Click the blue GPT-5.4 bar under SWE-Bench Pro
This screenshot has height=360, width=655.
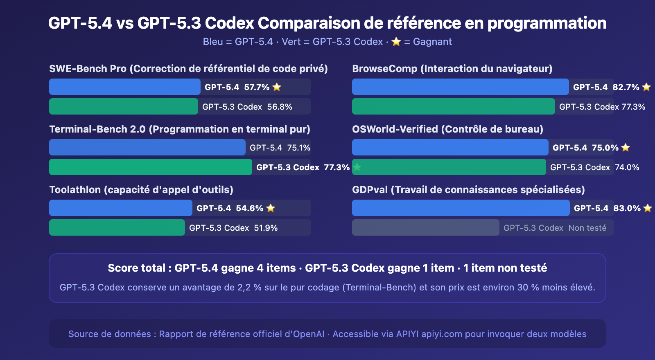[125, 87]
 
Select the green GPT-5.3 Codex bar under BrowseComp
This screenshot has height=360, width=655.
[453, 106]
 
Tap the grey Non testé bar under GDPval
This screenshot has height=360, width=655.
[425, 227]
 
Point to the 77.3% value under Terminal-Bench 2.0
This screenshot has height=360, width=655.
[337, 167]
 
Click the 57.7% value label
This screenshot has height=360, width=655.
[257, 87]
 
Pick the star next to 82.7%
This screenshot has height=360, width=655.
[646, 87]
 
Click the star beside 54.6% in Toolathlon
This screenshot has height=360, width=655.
[271, 208]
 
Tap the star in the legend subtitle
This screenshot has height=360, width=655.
[396, 42]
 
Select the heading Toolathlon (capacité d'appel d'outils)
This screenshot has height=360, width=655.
[141, 190]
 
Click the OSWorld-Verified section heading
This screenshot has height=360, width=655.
[447, 129]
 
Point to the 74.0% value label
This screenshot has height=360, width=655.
[627, 167]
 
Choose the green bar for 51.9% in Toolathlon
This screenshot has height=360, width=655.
[117, 227]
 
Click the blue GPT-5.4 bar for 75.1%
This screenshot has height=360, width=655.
[147, 147]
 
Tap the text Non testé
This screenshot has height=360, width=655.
[587, 228]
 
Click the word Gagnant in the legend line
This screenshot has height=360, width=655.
[432, 42]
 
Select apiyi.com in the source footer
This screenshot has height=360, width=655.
[442, 334]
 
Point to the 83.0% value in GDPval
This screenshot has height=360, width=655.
[627, 208]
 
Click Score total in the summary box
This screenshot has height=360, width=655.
[136, 268]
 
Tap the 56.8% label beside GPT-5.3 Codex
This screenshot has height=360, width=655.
[280, 107]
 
